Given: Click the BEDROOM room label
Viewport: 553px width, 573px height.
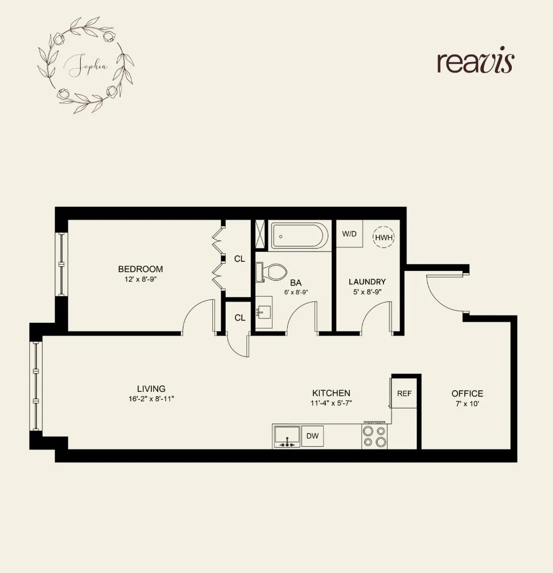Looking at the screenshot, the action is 141,269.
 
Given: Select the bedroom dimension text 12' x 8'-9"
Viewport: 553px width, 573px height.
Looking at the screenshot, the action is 141,280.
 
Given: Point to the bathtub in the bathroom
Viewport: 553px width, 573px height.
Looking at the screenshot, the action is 299,235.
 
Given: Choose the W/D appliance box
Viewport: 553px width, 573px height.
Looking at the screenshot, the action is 349,234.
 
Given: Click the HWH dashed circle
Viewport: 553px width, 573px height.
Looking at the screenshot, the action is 383,237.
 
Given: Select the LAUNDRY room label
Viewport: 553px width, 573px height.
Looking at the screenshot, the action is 367,282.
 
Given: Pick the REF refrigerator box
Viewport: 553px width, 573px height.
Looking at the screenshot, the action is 404,393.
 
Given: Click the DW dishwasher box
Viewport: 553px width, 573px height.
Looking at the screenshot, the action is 312,436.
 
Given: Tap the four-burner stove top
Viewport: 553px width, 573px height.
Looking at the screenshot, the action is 374,436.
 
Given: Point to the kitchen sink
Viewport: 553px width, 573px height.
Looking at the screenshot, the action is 287,436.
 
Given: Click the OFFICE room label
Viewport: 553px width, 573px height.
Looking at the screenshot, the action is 467,393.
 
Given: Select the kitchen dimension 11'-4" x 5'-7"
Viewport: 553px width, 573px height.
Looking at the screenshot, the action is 332,404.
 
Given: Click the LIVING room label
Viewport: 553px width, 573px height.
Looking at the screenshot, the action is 151,389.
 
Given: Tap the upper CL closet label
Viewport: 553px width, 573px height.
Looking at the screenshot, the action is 240,259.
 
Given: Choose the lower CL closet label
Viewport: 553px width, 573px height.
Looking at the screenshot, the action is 240,318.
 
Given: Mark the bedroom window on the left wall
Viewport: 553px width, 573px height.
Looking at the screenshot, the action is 62,264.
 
